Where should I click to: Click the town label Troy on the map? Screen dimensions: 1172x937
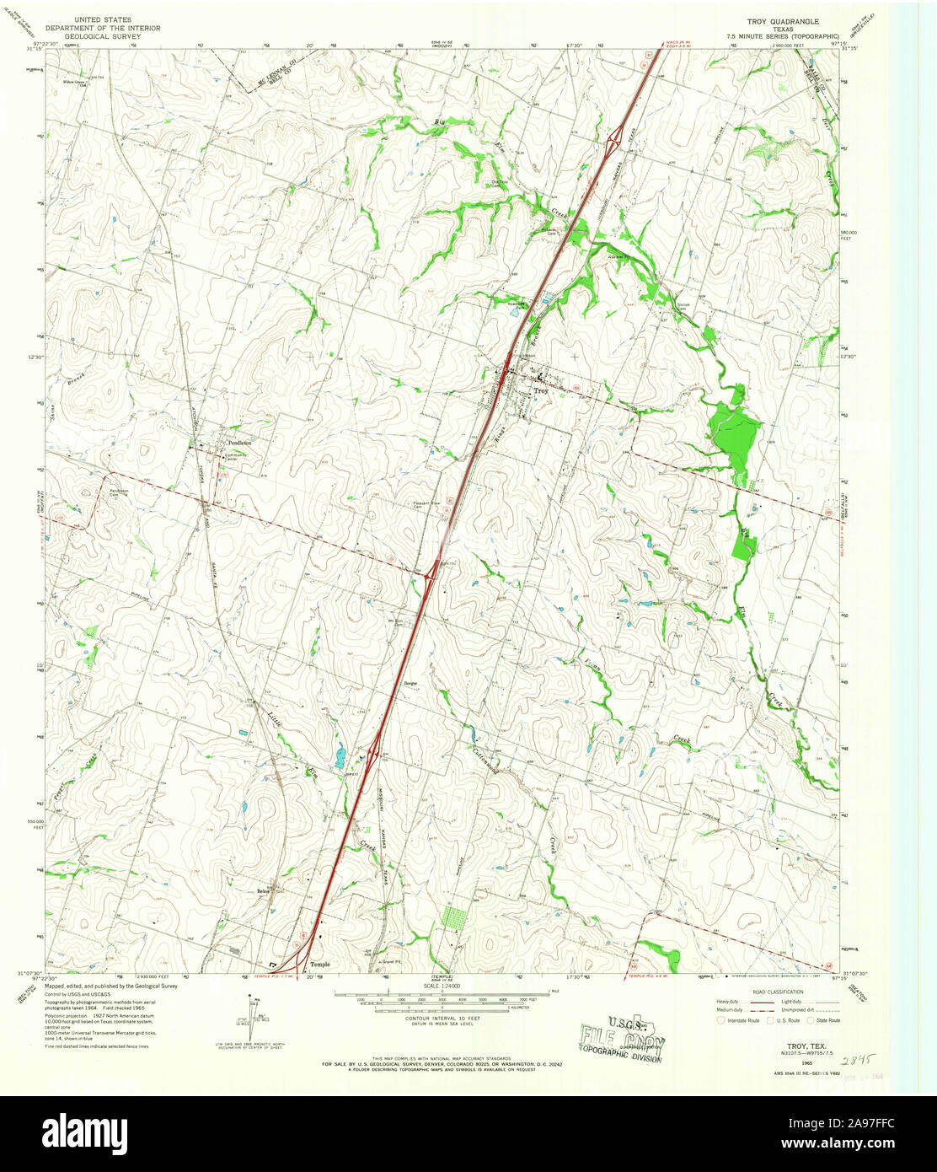tap(540, 390)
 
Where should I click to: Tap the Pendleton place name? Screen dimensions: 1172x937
tap(238, 442)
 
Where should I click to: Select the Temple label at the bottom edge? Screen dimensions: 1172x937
tap(320, 964)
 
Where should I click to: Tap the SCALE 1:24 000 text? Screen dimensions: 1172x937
tap(442, 986)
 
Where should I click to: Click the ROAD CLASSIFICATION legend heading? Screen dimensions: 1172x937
tap(778, 992)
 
